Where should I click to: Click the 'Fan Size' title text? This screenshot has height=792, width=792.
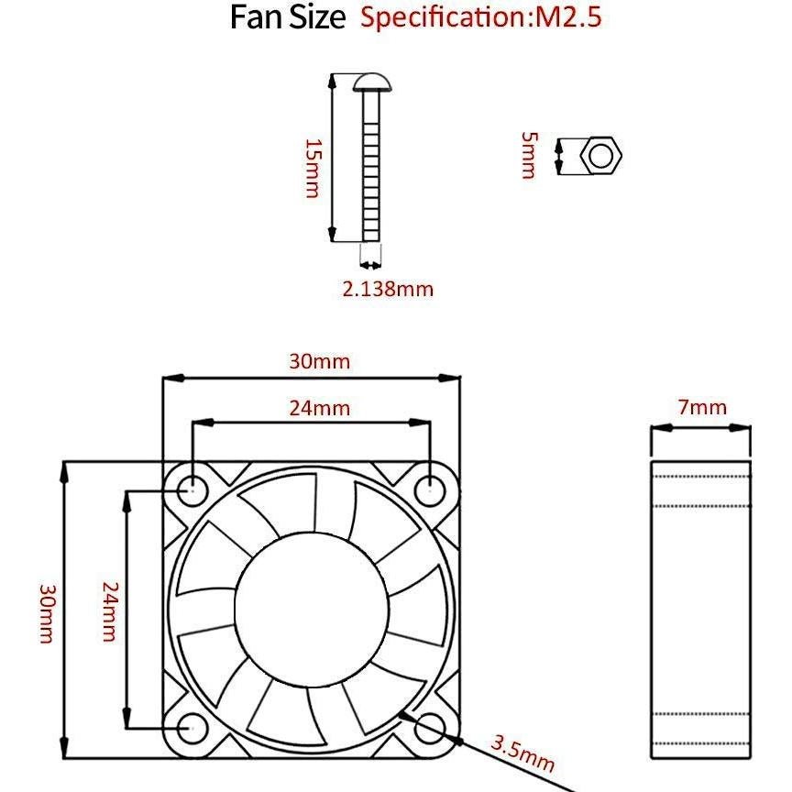pyautogui.click(x=287, y=18)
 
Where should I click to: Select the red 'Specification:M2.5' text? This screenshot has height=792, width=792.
pyautogui.click(x=481, y=17)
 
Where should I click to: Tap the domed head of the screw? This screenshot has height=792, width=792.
pyautogui.click(x=373, y=83)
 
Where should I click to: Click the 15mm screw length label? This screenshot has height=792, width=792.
pyautogui.click(x=313, y=169)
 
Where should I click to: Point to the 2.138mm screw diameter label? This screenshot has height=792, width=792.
pyautogui.click(x=388, y=290)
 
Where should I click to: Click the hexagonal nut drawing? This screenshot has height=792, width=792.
pyautogui.click(x=601, y=156)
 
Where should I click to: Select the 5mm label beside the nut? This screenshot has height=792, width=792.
pyautogui.click(x=528, y=156)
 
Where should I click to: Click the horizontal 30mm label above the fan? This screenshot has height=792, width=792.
pyautogui.click(x=319, y=361)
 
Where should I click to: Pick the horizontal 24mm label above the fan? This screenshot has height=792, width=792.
pyautogui.click(x=319, y=408)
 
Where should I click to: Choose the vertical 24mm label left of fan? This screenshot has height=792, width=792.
pyautogui.click(x=109, y=611)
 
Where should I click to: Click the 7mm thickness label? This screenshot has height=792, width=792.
pyautogui.click(x=702, y=408)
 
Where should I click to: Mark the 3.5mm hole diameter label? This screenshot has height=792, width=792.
pyautogui.click(x=522, y=752)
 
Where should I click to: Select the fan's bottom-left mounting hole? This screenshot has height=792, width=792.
pyautogui.click(x=193, y=729)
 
